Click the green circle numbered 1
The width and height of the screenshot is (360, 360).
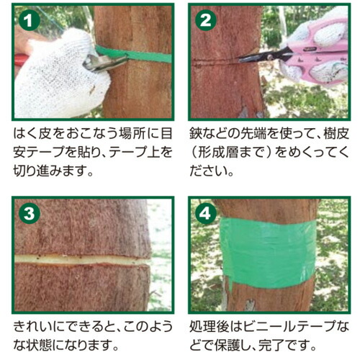click(30, 21)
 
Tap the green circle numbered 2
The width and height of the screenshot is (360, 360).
click(206, 20)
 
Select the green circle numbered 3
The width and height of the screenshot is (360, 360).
click(30, 213)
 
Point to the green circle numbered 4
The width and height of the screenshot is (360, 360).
click(206, 213)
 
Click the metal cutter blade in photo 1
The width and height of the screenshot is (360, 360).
click(103, 62)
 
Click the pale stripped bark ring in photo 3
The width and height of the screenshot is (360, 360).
click(81, 260)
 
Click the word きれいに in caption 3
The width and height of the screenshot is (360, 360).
click(39, 326)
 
